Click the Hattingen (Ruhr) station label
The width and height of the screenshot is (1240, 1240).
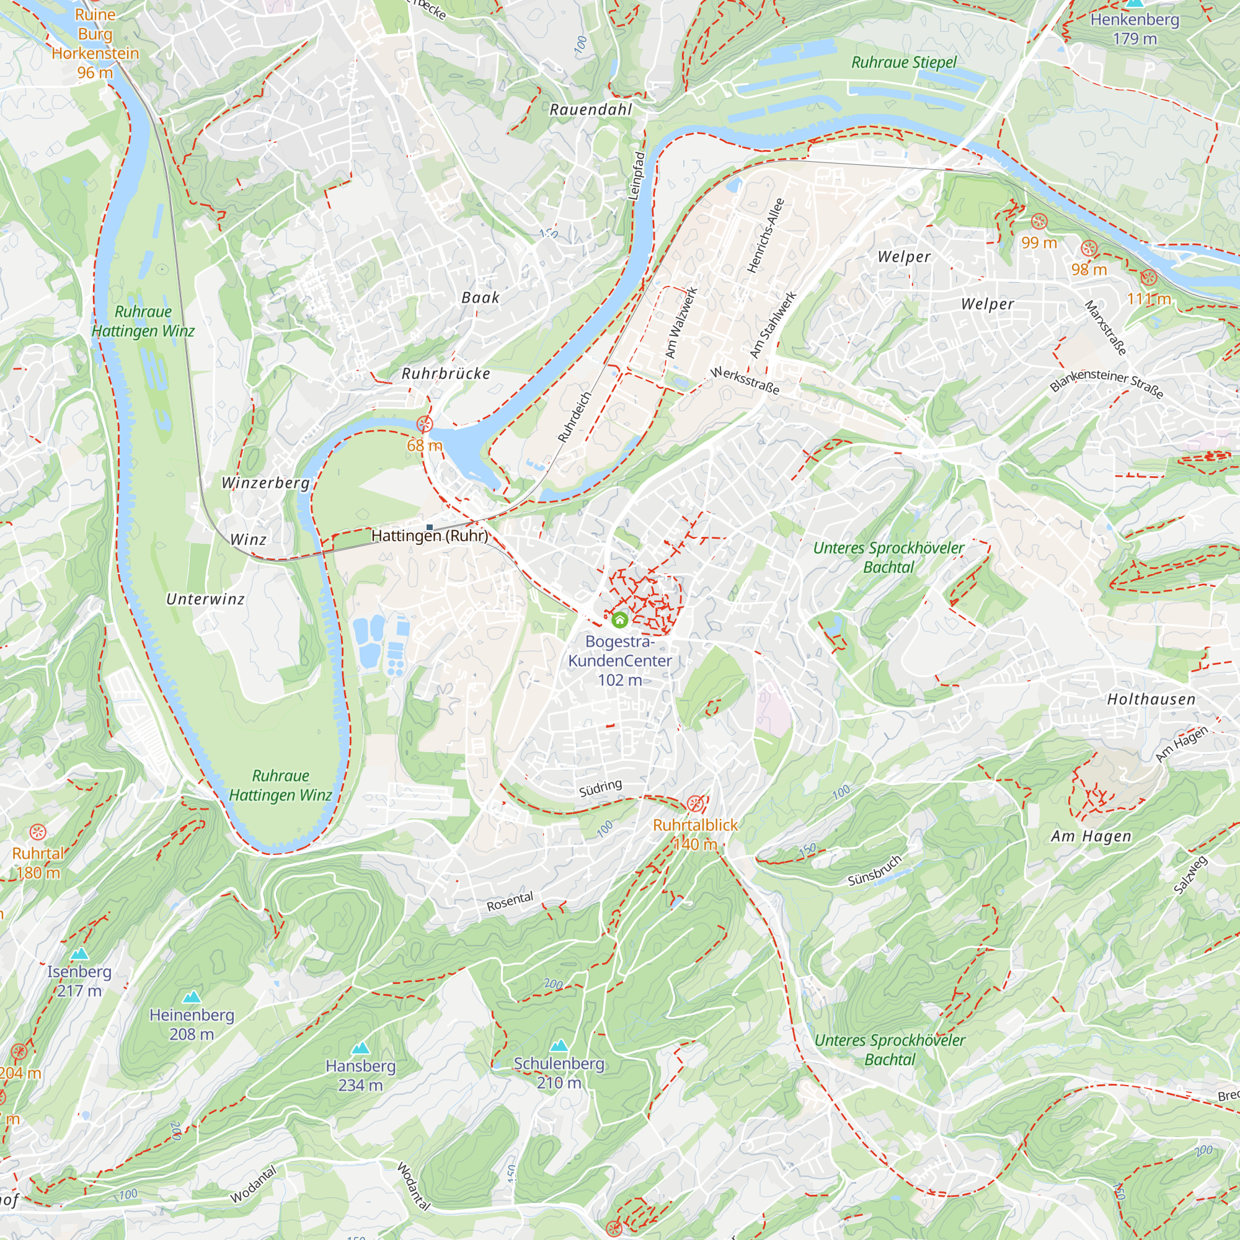tap(430, 535)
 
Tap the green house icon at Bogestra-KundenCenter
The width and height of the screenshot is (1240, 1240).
tap(619, 619)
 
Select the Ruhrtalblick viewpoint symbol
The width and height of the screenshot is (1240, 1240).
tap(694, 804)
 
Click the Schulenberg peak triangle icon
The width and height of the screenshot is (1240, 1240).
tap(559, 1045)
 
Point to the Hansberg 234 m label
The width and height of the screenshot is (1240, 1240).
tap(360, 1075)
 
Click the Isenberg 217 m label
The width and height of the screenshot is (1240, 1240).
tap(79, 981)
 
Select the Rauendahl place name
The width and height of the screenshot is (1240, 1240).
tap(590, 110)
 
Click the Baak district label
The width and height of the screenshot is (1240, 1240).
tap(480, 298)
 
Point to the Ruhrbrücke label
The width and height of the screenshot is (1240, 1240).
tap(445, 373)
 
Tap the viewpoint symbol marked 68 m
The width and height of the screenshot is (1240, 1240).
tap(424, 424)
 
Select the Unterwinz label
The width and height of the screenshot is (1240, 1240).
tap(205, 599)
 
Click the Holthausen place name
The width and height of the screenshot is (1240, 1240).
tap(1151, 699)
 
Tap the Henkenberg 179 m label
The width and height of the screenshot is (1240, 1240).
tap(1134, 29)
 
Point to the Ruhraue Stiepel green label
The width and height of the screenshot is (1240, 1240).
tap(903, 62)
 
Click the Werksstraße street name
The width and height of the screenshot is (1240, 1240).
tap(745, 381)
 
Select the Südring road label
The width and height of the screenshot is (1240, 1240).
tap(600, 787)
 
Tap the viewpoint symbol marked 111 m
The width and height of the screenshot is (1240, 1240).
tap(1148, 278)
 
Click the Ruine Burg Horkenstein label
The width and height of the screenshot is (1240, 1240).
tap(95, 43)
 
